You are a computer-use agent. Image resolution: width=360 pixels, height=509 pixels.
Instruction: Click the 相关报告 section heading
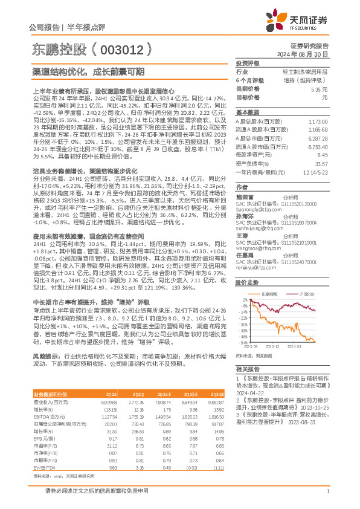pos(247,368)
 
